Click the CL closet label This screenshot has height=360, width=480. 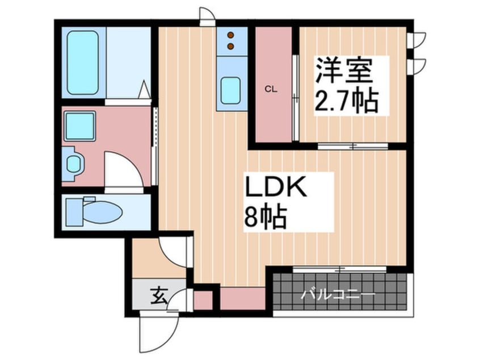pyautogui.click(x=271, y=90)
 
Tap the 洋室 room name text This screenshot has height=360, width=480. pyautogui.click(x=344, y=70)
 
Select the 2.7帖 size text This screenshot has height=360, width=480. pyautogui.click(x=346, y=101)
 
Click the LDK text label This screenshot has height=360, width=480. pyautogui.click(x=276, y=187)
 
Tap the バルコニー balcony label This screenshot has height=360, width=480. pyautogui.click(x=338, y=295)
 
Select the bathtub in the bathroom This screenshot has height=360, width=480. pyautogui.click(x=83, y=62)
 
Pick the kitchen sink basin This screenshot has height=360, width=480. pyautogui.click(x=230, y=91)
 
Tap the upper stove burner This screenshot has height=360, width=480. pyautogui.click(x=230, y=36)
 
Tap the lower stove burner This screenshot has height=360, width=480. pyautogui.click(x=230, y=46)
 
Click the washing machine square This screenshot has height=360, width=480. pyautogui.click(x=79, y=126)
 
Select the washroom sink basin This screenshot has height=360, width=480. pyautogui.click(x=73, y=164)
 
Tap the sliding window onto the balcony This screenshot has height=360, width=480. pyautogui.click(x=339, y=270)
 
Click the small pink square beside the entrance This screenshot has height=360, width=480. pyautogui.click(x=203, y=300)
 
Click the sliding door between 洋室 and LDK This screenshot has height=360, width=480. pyautogui.click(x=353, y=146)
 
